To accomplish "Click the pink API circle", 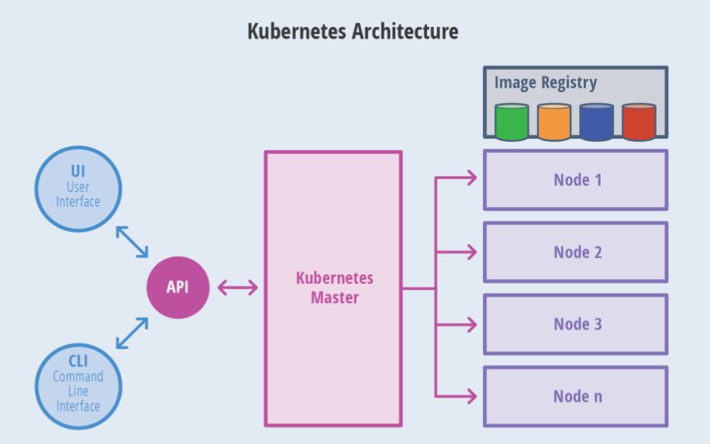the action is pos(178,287).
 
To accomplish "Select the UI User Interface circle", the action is pos(78,189).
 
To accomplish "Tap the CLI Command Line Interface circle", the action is pos(78,386).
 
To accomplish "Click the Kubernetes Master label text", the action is pos(335,287).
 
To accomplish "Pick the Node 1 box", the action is pos(575,180).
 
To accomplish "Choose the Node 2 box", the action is pos(575,252).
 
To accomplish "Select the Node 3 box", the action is pos(575,324).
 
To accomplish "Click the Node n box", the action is pos(575,397).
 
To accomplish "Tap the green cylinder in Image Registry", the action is pos(512,122).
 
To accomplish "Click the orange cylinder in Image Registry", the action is pos(553,122).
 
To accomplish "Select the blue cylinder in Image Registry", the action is pos(596,122).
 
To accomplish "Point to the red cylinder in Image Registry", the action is pos(639,122).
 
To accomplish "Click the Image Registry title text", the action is pos(546,83).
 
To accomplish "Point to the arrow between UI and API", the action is pos(133,242).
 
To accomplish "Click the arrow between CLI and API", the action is pos(133,333).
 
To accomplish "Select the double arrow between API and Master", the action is pos(238,287).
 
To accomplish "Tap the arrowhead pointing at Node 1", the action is pos(472,177).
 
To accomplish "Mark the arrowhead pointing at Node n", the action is pos(472,397).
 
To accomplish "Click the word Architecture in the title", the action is pos(405,31).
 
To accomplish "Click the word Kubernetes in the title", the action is pos(297,31).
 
